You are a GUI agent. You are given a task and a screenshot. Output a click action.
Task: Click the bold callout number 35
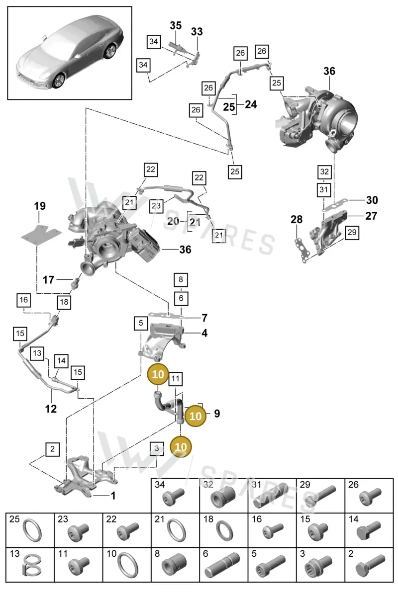[176, 25]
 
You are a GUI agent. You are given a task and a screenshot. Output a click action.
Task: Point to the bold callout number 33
[197, 31]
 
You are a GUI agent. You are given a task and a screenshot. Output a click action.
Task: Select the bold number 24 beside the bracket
[251, 104]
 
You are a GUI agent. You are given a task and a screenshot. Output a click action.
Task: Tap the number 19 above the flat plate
[40, 206]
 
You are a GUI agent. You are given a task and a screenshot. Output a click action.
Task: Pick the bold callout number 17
[48, 280]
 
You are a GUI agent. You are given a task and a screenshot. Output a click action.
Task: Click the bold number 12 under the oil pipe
[51, 409]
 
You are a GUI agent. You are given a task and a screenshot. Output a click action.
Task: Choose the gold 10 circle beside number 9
[196, 416]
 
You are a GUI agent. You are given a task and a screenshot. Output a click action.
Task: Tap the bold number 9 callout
[217, 414]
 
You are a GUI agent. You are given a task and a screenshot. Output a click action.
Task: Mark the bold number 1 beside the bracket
[113, 496]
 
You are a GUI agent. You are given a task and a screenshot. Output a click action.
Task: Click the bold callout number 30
[372, 200]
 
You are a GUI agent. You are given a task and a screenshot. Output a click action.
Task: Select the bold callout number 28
[297, 219]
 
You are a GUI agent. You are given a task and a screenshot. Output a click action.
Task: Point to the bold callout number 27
[371, 216]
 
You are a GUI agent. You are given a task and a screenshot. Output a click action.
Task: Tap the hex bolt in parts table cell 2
[370, 566]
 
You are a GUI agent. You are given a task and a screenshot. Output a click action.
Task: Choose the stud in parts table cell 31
[271, 495]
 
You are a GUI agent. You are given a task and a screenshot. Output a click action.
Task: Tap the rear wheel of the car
[109, 51]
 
